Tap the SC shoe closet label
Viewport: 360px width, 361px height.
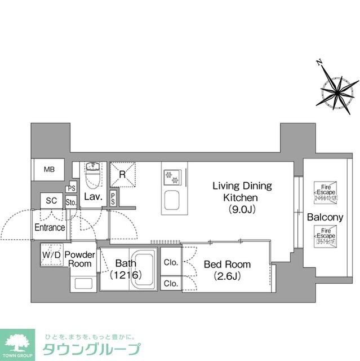[x=51, y=200]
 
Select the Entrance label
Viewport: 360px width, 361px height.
[x=50, y=227]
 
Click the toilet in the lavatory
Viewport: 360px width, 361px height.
[x=92, y=176]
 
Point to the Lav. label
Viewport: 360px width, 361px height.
[x=92, y=197]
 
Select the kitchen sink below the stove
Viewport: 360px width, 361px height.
[x=171, y=200]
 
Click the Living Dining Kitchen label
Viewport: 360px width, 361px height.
[x=241, y=197]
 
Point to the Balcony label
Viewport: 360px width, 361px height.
[x=325, y=218]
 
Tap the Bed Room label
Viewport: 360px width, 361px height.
[x=227, y=270]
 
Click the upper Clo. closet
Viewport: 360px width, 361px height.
[x=171, y=263]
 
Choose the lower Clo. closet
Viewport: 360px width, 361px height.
[x=171, y=283]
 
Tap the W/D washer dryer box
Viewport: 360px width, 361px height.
[x=51, y=255]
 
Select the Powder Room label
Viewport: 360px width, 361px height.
[x=81, y=259]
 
